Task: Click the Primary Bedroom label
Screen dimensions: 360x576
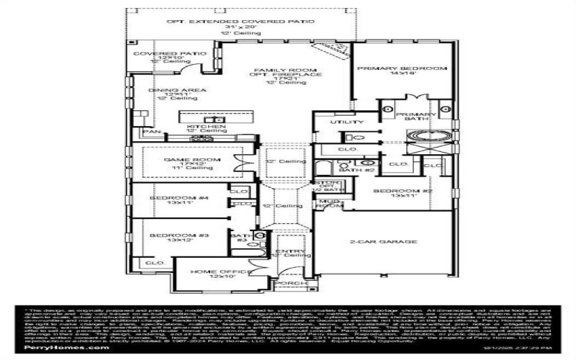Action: [x=402, y=68]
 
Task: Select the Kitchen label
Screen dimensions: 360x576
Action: [x=206, y=126]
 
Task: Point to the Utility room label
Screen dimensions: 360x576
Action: [x=338, y=122]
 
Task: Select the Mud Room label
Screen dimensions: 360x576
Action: [x=330, y=204]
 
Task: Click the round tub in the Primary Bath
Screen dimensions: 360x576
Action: [x=430, y=135]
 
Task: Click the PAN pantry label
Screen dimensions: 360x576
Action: [x=150, y=132]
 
